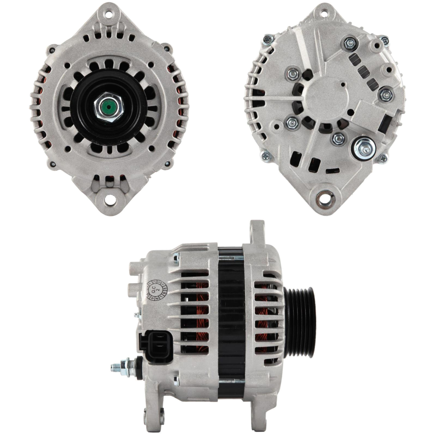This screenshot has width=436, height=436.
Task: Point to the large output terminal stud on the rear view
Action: coord(364,149)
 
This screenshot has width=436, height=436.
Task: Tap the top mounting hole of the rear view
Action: coord(324,13)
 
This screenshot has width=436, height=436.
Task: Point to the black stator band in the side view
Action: coord(231,323)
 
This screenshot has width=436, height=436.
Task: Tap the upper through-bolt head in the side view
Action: coord(176,259)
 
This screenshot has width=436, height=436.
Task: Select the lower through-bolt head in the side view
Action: coord(176,380)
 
